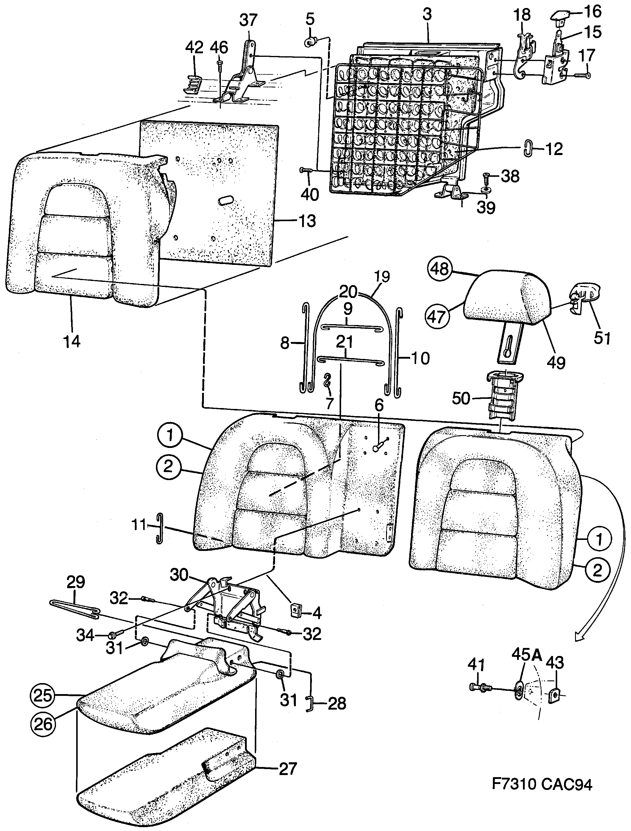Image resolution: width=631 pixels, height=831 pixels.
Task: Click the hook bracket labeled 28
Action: click(x=308, y=704)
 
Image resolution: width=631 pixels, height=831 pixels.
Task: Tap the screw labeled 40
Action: click(x=305, y=170)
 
